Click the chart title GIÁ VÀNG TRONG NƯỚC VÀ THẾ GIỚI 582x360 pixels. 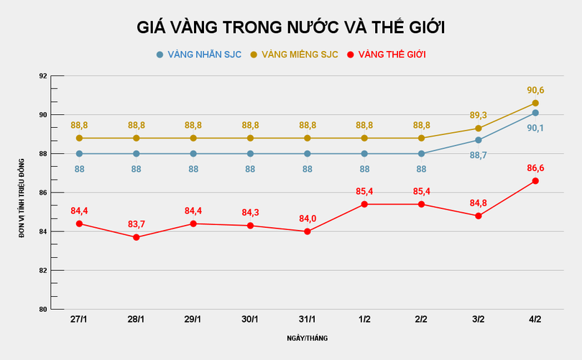[291, 27]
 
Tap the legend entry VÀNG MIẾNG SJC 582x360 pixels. [295, 55]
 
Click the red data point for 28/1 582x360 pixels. [137, 237]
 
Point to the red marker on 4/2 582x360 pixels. [535, 181]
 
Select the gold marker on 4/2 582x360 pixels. [535, 103]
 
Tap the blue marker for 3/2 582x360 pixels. [479, 140]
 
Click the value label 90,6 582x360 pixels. [535, 91]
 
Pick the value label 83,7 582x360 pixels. [137, 224]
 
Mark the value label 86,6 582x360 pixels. [535, 167]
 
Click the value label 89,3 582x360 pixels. [479, 115]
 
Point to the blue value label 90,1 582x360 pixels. [535, 128]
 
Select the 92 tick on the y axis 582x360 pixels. [42, 76]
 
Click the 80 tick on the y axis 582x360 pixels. [42, 310]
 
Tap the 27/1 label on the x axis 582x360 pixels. [79, 319]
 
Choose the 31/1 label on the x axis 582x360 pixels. [308, 319]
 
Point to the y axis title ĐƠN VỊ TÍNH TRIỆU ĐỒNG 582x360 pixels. [22, 193]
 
